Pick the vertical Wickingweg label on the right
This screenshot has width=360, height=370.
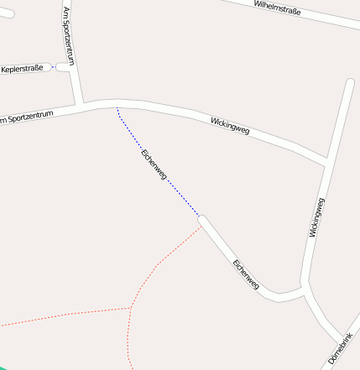pyautogui.click(x=316, y=217)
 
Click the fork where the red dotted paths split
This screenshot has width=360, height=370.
pyautogui.click(x=131, y=307)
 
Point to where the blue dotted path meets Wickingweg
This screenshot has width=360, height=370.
pyautogui.click(x=117, y=107)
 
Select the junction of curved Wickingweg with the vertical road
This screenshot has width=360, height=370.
pyautogui.click(x=325, y=159)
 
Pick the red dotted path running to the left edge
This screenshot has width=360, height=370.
pyautogui.click(x=50, y=317)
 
